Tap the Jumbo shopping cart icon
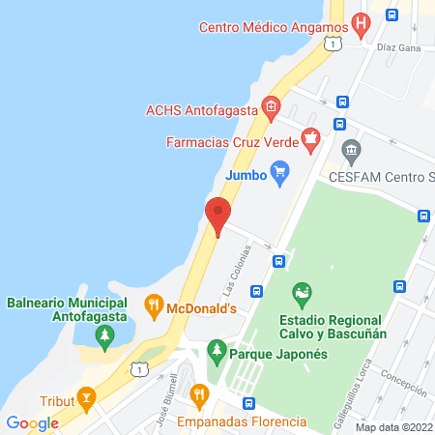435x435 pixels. point(280,175)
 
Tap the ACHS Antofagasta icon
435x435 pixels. point(271,106)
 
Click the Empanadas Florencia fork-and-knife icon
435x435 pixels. point(199,394)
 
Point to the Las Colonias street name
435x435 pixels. point(229,270)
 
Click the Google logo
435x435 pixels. point(32,423)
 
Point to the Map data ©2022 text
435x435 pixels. point(392,427)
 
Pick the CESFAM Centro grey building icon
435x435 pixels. point(350,151)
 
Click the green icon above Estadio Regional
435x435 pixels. point(303,291)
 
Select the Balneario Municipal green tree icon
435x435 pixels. point(104,335)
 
